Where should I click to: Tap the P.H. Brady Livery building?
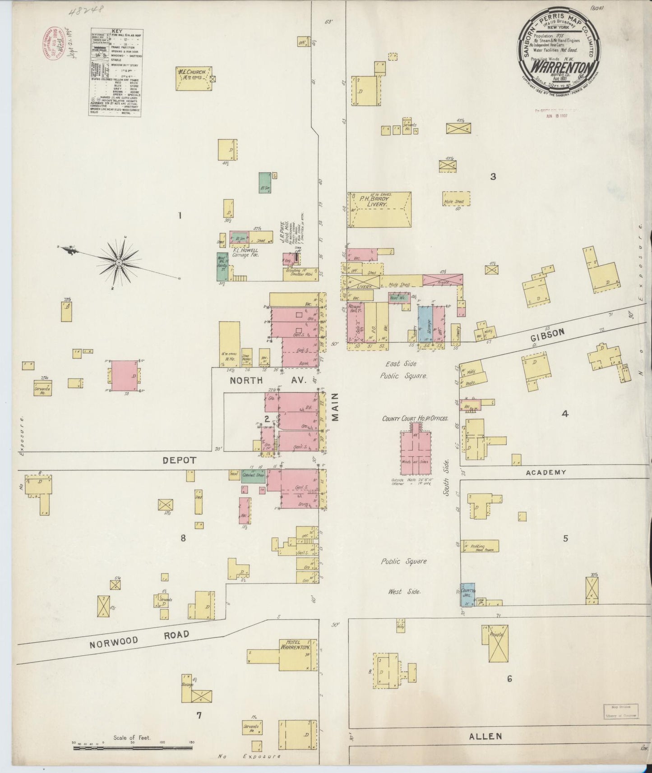379,210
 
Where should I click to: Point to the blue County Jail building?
467,595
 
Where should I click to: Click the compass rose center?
119,262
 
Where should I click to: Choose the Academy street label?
546,472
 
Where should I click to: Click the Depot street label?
180,460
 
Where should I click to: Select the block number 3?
493,177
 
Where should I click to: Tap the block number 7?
199,715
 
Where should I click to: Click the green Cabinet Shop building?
253,475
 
